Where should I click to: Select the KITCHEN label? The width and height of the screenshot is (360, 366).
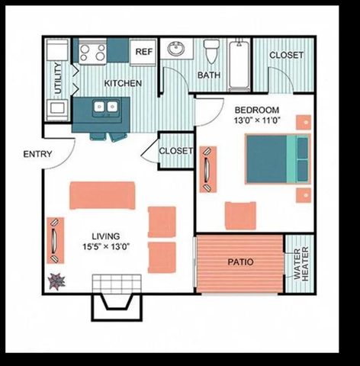[123, 82]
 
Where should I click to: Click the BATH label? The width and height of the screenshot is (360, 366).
[209, 75]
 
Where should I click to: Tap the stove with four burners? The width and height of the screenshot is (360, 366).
[92, 52]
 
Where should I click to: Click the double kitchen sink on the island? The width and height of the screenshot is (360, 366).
[105, 108]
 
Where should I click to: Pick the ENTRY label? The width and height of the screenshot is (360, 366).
[37, 154]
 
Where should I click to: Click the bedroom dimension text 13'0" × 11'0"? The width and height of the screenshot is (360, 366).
[256, 120]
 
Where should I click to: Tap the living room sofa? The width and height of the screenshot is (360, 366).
[102, 194]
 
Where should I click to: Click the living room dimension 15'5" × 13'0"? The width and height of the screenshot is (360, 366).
[108, 246]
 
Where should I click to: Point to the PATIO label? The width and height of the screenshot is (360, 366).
[240, 262]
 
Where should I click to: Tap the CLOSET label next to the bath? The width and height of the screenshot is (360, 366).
[286, 55]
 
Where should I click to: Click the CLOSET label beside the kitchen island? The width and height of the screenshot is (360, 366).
[176, 151]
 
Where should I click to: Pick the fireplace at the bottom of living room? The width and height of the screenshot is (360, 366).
[117, 297]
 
